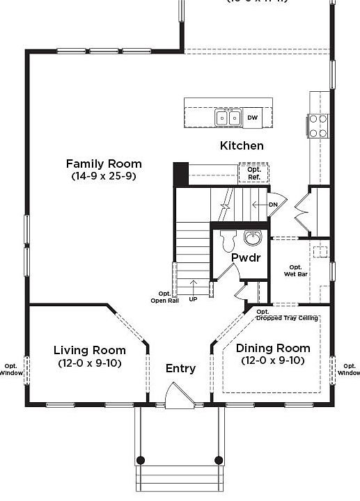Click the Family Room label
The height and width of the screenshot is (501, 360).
pyautogui.click(x=104, y=164)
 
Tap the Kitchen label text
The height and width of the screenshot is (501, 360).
pyautogui.click(x=242, y=146)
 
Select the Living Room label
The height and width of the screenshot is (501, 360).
pyautogui.click(x=90, y=350)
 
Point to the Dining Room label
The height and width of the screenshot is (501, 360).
pyautogui.click(x=273, y=348)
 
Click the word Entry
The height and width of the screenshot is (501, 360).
pyautogui.click(x=180, y=369)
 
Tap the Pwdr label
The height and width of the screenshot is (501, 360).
pyautogui.click(x=245, y=257)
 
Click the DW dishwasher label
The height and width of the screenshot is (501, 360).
pyautogui.click(x=252, y=118)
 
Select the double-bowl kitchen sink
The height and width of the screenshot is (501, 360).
pyautogui.click(x=228, y=118)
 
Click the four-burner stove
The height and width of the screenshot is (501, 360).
pyautogui.click(x=318, y=125)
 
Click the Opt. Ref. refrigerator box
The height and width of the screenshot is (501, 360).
pyautogui.click(x=253, y=173)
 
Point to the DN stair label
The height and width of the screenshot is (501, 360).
pyautogui.click(x=274, y=204)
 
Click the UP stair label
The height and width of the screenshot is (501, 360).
pyautogui.click(x=193, y=299)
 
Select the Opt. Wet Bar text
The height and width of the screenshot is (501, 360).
pyautogui.click(x=296, y=271)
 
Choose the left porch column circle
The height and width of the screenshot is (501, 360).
pyautogui.click(x=141, y=460)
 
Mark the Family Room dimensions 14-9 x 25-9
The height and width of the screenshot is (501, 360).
pyautogui.click(x=104, y=177)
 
